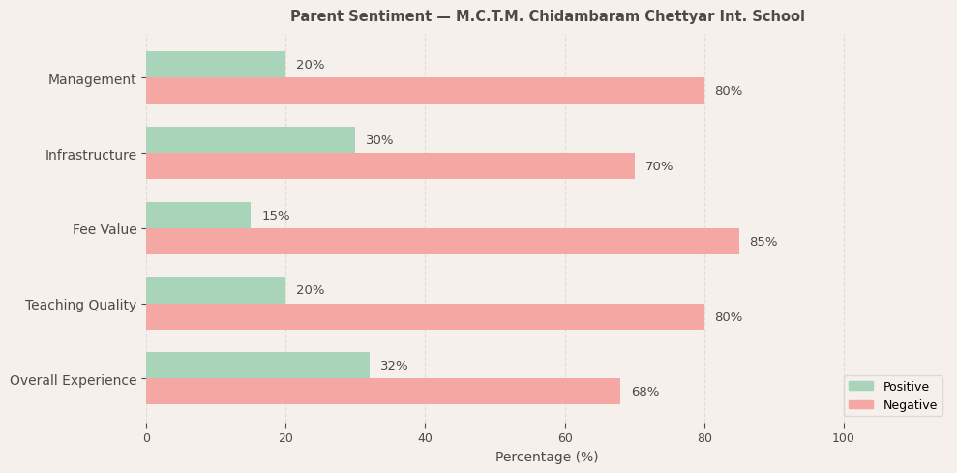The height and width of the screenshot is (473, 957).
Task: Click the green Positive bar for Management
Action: coord(216,65)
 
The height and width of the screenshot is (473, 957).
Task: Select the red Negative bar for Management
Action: coord(425,91)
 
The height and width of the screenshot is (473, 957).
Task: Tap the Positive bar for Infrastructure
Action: coord(251,140)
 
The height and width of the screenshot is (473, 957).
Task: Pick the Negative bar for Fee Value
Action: coord(442,242)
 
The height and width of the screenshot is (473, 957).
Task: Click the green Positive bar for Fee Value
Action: coord(198,216)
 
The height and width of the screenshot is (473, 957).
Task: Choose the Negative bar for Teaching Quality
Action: coord(425,317)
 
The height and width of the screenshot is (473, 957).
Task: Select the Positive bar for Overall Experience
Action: coord(257,366)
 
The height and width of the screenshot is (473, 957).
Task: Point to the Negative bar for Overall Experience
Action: coord(383,392)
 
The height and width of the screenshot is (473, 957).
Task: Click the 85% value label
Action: coord(763,242)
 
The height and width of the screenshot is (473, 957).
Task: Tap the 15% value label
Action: coord(276,216)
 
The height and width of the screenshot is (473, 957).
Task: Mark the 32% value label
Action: coord(394,366)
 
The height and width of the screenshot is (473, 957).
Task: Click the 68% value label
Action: coord(644,392)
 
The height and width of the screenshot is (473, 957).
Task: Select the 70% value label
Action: coord(659,166)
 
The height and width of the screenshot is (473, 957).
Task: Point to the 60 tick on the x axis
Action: coord(565,438)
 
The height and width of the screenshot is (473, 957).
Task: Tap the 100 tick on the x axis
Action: coord(844,438)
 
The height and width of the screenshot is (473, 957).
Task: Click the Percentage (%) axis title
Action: coord(547,457)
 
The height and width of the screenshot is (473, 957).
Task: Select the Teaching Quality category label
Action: coord(81,305)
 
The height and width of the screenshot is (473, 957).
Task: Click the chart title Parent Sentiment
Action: coord(547,16)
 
